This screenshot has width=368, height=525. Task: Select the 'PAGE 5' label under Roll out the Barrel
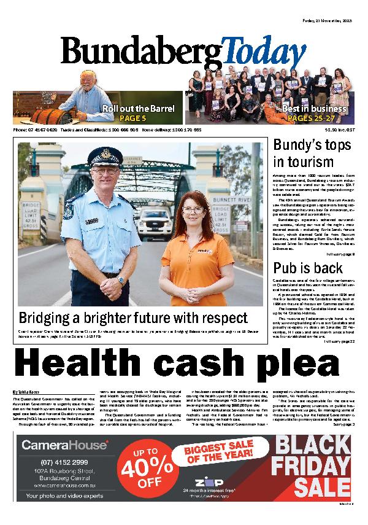pos(132,118)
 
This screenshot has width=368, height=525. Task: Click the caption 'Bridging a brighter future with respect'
pos(133,318)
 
